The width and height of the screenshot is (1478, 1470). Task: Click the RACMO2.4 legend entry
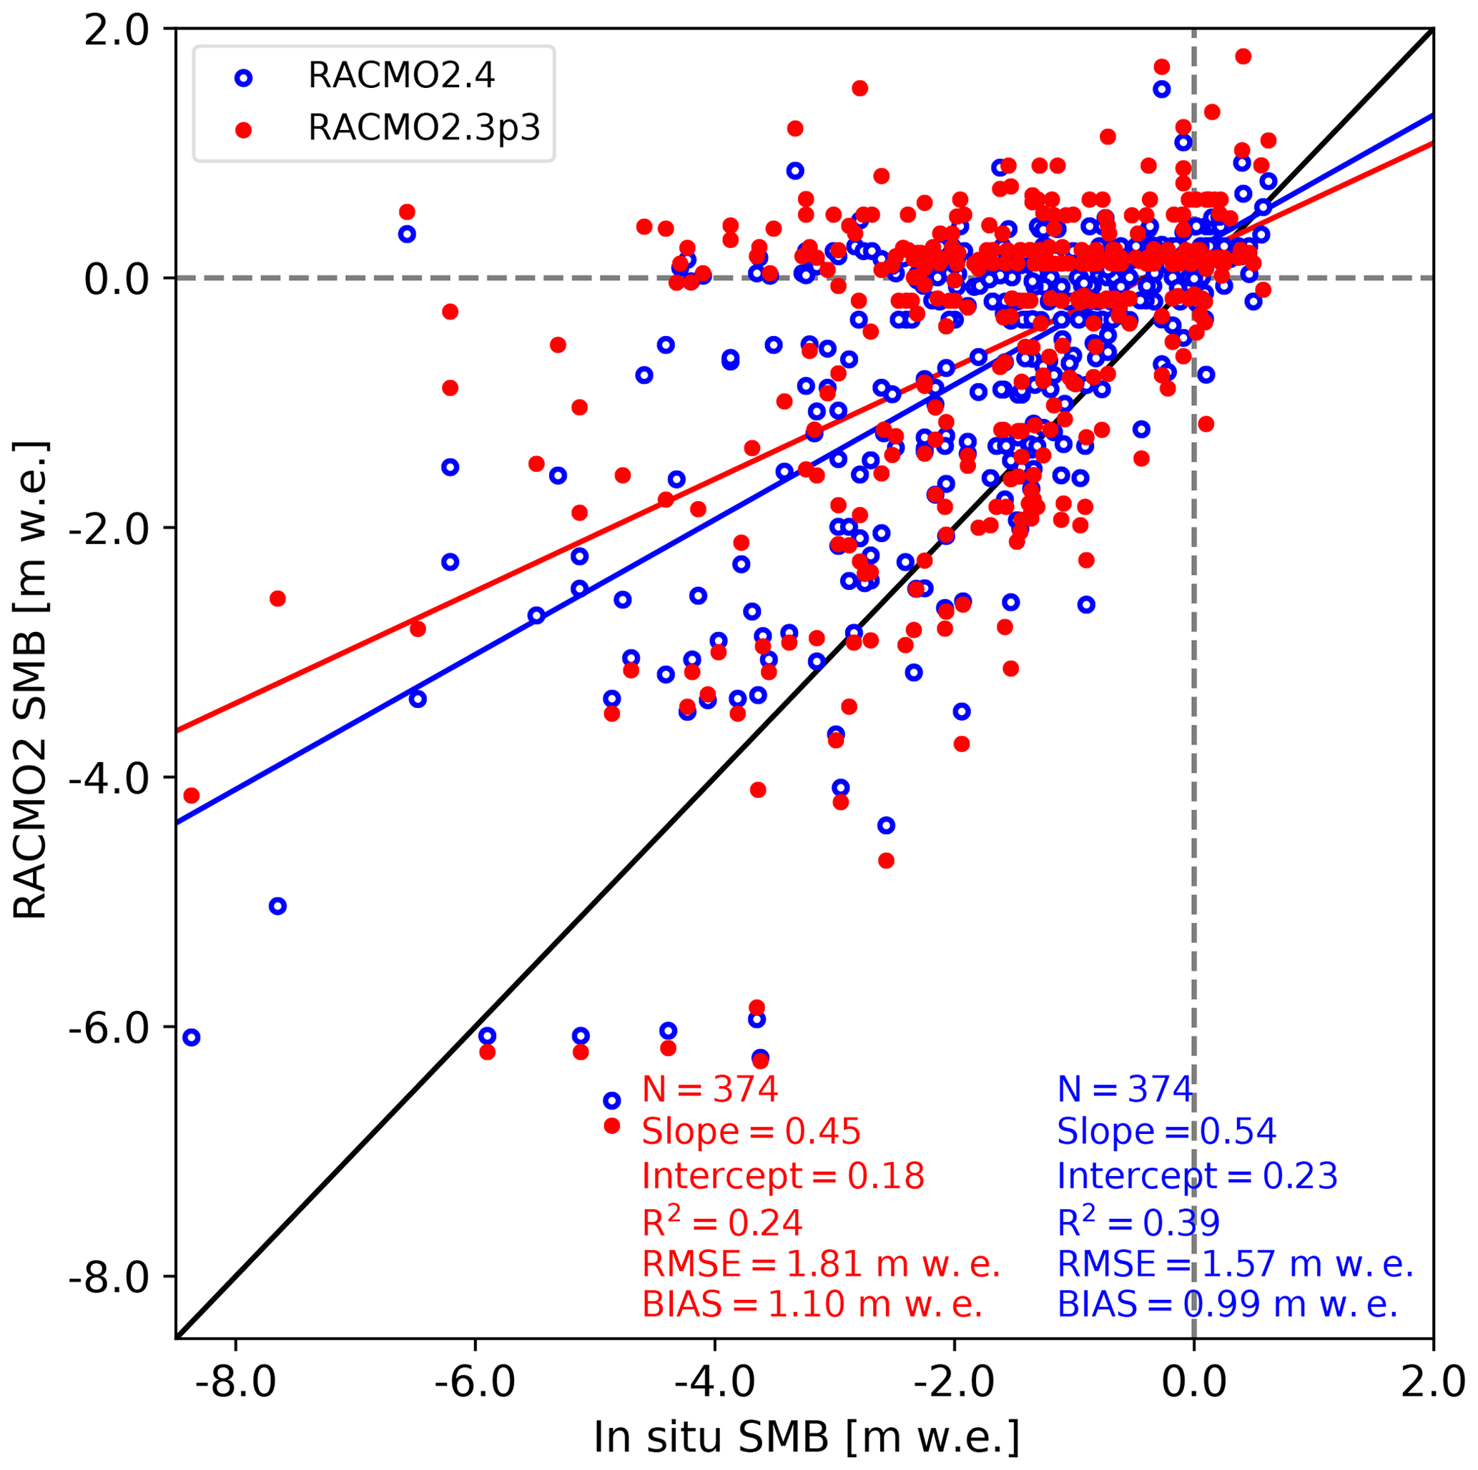(401, 76)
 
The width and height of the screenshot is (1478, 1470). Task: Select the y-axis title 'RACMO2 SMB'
(31, 681)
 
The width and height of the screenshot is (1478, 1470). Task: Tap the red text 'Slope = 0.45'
(752, 1131)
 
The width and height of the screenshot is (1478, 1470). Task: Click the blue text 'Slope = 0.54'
(1167, 1131)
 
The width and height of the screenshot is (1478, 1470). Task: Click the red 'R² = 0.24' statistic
(722, 1221)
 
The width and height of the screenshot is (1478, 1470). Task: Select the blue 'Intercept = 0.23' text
(1197, 1175)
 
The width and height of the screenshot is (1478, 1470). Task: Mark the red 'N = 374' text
(710, 1088)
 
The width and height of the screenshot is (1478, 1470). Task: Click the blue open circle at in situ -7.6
(277, 907)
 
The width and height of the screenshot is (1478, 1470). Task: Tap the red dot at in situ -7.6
(277, 598)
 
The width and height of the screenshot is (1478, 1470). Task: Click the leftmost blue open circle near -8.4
(191, 1037)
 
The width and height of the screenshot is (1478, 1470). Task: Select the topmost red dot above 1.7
(1243, 56)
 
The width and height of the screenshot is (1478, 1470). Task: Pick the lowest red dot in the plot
(611, 1126)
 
